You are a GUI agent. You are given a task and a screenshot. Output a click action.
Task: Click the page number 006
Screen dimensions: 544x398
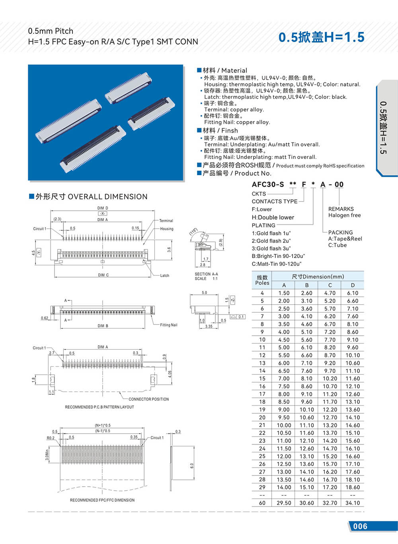coord(360,526)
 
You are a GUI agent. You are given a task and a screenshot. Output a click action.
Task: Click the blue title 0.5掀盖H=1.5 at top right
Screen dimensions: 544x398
coord(321,37)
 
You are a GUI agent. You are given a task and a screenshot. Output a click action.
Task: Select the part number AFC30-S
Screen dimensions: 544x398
coord(268,184)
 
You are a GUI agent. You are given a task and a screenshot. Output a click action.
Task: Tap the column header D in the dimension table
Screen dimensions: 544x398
coord(353,285)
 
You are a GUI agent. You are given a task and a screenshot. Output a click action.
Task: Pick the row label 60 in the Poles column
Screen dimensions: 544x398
coord(262,503)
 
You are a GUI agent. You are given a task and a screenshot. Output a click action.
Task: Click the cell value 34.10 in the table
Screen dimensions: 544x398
coord(353,503)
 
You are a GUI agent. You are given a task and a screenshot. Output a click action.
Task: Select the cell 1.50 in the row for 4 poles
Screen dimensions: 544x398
coord(284,293)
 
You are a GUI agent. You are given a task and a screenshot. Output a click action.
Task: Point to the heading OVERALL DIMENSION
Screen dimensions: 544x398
coord(107,197)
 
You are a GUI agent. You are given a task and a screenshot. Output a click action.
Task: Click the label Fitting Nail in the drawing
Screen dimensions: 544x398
coord(169,325)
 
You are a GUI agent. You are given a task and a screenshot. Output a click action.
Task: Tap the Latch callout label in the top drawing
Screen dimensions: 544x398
coord(164,276)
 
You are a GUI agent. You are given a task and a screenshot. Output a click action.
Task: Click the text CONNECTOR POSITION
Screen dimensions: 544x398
coord(148,399)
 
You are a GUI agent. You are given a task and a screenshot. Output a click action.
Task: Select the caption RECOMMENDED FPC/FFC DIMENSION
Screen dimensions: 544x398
coord(102,500)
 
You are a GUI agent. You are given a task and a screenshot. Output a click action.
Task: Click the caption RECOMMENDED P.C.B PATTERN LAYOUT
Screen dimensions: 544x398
coord(99,407)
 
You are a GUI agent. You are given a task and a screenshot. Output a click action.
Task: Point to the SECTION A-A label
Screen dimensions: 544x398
coord(206,274)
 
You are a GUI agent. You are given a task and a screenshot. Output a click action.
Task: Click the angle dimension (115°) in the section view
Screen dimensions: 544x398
coord(193,232)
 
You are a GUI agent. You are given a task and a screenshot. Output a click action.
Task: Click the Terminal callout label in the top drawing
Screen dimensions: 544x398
coord(166,221)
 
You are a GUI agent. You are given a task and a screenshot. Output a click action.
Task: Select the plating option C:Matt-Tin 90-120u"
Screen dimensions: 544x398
coord(277,264)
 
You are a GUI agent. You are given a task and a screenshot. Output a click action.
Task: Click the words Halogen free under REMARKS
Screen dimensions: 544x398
coord(344,215)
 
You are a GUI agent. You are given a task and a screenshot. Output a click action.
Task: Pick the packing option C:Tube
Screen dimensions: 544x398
coord(337,245)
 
